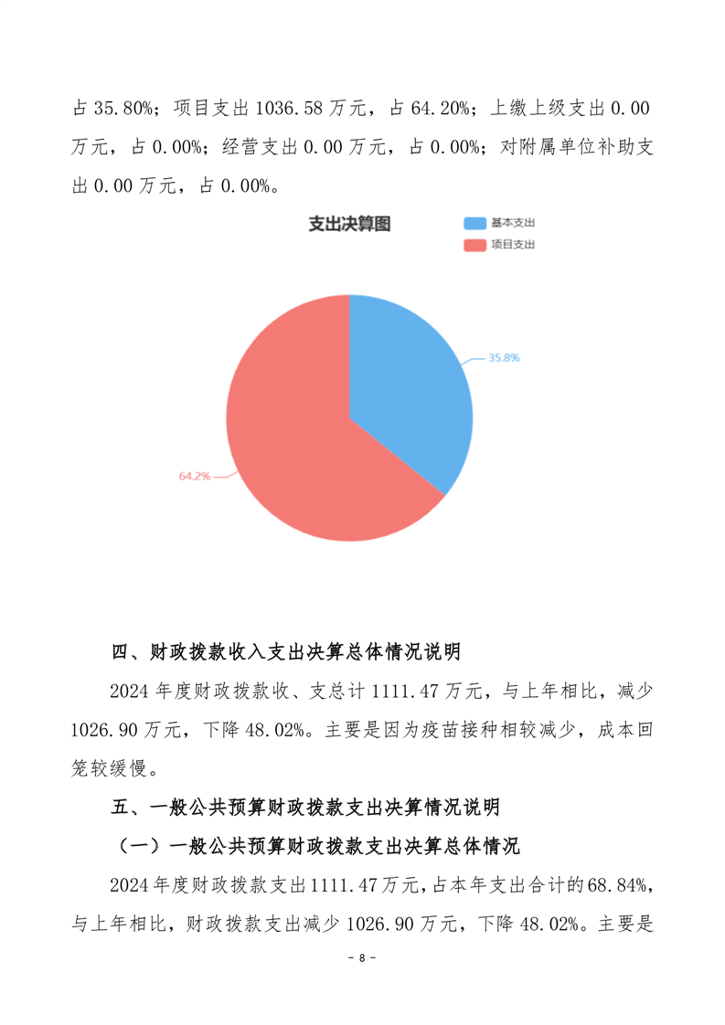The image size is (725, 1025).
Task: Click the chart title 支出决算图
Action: (349, 224)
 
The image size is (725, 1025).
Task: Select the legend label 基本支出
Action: (512, 223)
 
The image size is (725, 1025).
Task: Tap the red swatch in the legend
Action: (474, 245)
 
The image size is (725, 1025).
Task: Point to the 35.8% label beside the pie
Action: (503, 358)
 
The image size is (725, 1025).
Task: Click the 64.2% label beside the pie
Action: (195, 476)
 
